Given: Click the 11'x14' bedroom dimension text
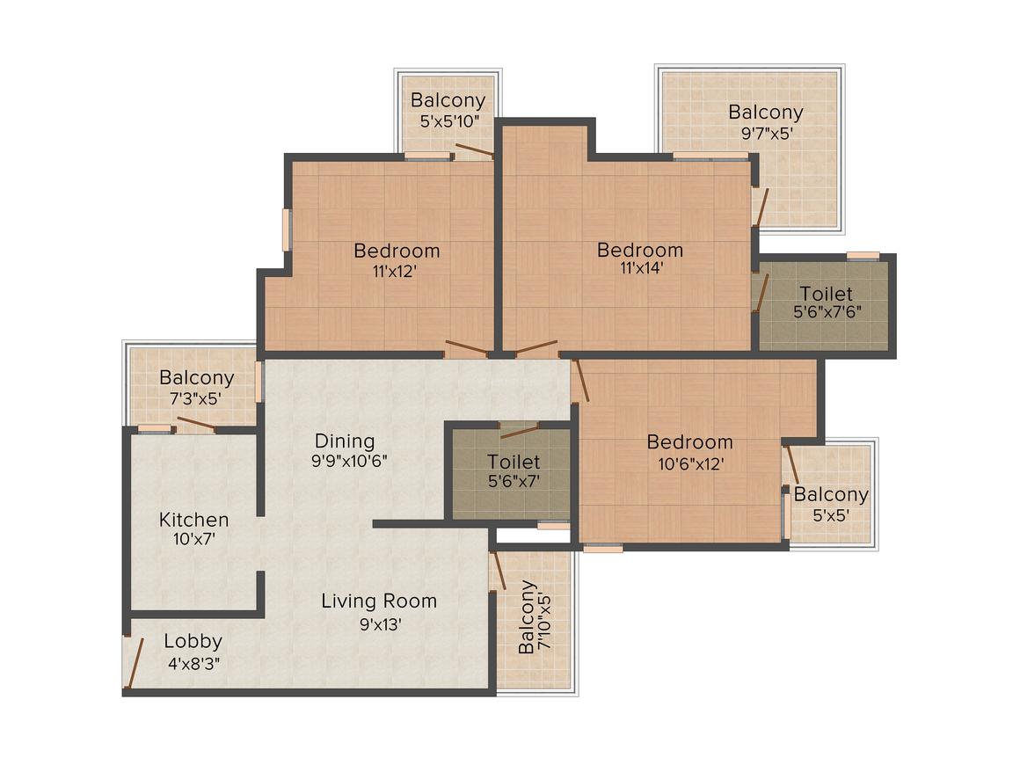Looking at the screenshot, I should coord(639,269).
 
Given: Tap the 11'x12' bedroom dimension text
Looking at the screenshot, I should coord(397,271).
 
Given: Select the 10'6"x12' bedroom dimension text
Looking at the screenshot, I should coord(689,463).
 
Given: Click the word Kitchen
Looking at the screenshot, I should coord(193,520).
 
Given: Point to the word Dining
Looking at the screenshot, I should coord(345,441).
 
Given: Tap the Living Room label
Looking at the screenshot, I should coord(378,601).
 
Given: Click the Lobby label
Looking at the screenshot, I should coord(193,642).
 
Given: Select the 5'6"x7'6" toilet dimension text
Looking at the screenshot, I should coord(826,311).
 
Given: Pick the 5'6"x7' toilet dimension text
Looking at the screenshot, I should coord(514,481).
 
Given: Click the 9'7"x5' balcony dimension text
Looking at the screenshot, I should coord(765,133).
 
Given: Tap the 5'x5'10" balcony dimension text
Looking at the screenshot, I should coord(448,121).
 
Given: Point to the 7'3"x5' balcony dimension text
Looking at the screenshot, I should coord(196,397).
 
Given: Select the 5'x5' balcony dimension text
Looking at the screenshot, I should coord(830,515).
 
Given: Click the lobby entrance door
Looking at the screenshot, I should coord(135,662).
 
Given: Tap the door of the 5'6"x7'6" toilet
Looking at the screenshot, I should coord(761,293).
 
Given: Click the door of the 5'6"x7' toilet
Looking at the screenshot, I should coord(519,431).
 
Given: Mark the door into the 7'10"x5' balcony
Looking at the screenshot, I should coord(499,570).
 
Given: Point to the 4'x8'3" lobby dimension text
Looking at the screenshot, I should coord(193,663).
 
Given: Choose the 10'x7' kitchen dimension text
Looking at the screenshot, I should coord(193,540).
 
